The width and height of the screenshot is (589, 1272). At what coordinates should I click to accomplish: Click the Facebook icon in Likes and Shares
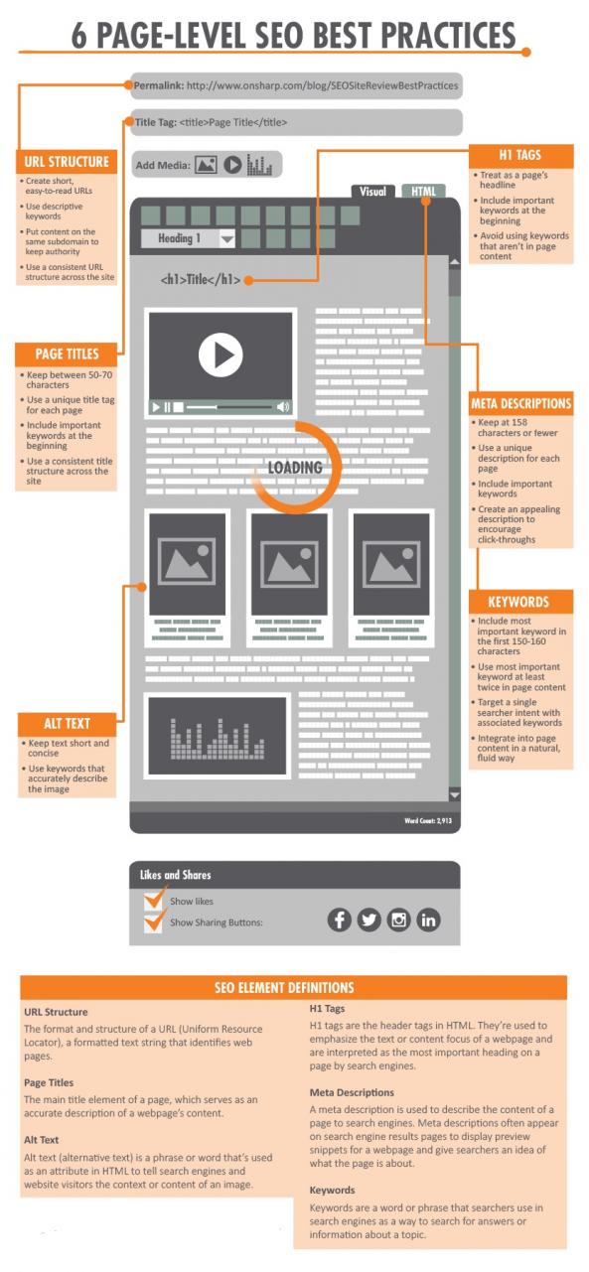(339, 919)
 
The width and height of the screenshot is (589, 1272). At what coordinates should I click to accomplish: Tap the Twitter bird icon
(368, 919)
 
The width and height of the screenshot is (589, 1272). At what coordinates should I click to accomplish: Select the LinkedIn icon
(428, 919)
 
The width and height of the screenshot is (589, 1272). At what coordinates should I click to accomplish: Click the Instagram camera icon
(398, 919)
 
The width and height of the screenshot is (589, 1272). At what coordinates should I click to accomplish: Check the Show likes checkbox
(153, 900)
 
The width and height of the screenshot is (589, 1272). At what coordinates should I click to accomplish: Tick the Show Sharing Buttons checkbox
(153, 921)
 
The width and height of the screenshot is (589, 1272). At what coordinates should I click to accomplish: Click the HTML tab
(423, 191)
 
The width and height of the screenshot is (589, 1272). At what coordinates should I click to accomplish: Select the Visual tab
(372, 191)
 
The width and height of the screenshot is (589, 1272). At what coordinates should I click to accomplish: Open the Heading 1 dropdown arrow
(227, 239)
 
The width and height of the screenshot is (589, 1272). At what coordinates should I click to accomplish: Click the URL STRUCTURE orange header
(67, 162)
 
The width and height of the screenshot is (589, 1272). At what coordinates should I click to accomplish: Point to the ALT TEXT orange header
(67, 724)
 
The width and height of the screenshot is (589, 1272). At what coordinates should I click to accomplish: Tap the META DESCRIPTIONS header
(520, 404)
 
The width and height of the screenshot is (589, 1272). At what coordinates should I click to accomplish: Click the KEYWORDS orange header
(518, 602)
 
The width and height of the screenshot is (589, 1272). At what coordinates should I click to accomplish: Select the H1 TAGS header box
(520, 155)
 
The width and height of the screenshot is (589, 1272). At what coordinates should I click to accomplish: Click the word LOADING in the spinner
(295, 468)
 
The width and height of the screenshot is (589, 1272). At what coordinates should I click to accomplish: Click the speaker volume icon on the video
(283, 406)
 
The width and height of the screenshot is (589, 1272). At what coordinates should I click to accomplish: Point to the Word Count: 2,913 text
(428, 820)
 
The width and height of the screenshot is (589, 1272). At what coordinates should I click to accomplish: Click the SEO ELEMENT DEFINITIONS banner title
(284, 987)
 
